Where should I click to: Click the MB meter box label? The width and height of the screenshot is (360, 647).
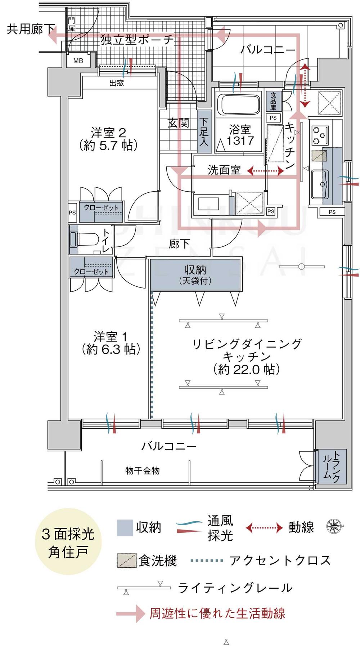[x=78, y=61]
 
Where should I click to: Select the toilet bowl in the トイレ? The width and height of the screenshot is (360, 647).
[x=86, y=239]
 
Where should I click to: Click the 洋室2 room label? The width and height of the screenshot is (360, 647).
[x=108, y=139]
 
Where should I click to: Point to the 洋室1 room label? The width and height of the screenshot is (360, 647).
[x=111, y=343]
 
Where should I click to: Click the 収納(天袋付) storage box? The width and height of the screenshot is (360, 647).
[x=195, y=274]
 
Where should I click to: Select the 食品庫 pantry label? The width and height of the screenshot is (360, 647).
[x=273, y=101]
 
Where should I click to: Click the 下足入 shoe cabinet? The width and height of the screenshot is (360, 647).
[x=204, y=132]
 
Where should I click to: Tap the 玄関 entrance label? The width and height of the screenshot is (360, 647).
[x=178, y=123]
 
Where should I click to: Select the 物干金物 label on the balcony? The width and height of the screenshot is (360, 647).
[x=142, y=470]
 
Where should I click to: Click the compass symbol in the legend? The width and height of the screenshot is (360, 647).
[x=334, y=526]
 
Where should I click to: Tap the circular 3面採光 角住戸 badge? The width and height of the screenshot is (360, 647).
[x=68, y=541]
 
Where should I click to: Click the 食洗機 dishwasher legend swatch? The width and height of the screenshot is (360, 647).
[x=127, y=561]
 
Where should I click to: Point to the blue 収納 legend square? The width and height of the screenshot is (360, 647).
[x=125, y=528]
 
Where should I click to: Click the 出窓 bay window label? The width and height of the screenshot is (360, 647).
[x=117, y=83]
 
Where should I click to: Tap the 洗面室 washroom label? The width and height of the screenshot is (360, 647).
[x=224, y=170]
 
